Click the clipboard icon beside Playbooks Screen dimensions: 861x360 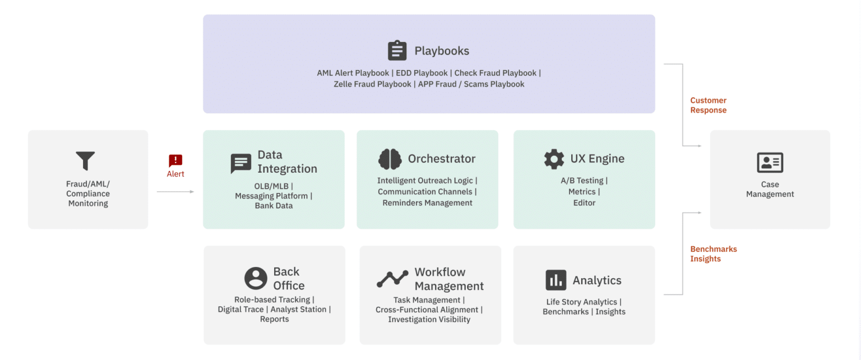(397, 50)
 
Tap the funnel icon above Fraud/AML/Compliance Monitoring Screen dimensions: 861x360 (85, 160)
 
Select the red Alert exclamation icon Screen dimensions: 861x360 (175, 160)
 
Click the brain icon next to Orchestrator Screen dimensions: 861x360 (390, 159)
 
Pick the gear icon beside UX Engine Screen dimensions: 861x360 (554, 159)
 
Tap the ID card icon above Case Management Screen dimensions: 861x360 (770, 162)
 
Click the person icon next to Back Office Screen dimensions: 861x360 (256, 278)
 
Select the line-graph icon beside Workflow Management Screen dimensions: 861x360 (392, 279)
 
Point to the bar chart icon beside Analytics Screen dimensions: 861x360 (556, 280)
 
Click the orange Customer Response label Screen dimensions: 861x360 (709, 105)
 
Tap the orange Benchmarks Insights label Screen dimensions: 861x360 (714, 254)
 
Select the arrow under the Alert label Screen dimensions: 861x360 (175, 192)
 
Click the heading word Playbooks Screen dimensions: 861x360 (442, 51)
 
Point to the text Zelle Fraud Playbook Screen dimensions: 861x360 (372, 84)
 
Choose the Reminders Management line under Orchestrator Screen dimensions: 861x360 (428, 202)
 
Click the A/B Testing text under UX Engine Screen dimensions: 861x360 (581, 181)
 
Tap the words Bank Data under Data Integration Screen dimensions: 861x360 (274, 205)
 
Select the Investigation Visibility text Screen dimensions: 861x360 (429, 319)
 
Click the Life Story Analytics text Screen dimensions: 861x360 (581, 302)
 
